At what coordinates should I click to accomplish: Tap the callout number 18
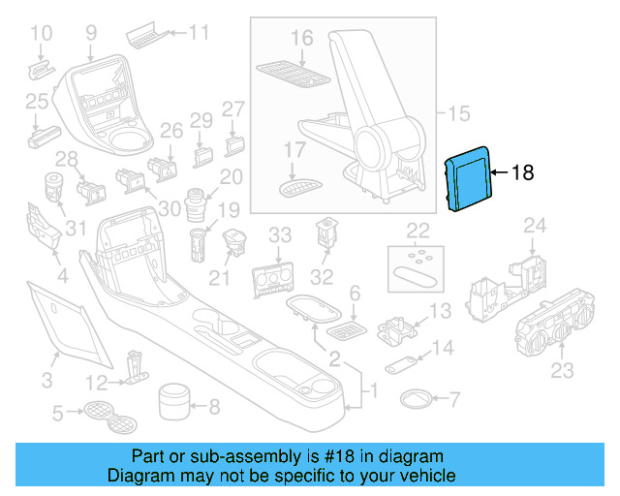pos(522,173)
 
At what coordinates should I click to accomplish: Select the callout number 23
pos(562,370)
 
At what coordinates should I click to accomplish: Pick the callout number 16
pos(301,38)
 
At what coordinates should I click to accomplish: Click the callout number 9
pos(91,33)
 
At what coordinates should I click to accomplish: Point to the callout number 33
pos(280,234)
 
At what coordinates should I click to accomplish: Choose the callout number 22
pos(418,230)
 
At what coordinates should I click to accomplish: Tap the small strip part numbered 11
pos(145,36)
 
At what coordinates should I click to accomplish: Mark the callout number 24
pos(535,227)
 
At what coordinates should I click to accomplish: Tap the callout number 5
pos(57,415)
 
